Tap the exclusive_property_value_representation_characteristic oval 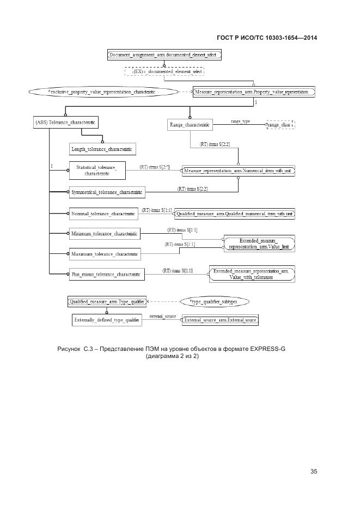tap(101, 92)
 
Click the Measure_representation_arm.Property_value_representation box tap(254, 92)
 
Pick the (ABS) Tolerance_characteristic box tap(66, 123)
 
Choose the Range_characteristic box tap(190, 125)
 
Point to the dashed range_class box tap(279, 125)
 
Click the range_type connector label tap(240, 121)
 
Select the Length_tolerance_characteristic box tap(102, 149)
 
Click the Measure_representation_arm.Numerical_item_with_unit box tap(239, 171)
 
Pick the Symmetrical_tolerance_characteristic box tap(107, 192)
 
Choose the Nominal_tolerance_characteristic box tap(103, 214)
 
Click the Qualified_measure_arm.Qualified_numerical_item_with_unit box tap(235, 214)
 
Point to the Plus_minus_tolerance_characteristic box tap(106, 275)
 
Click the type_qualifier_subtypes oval tap(215, 301)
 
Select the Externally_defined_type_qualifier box tap(106, 320)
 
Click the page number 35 tap(314, 471)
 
